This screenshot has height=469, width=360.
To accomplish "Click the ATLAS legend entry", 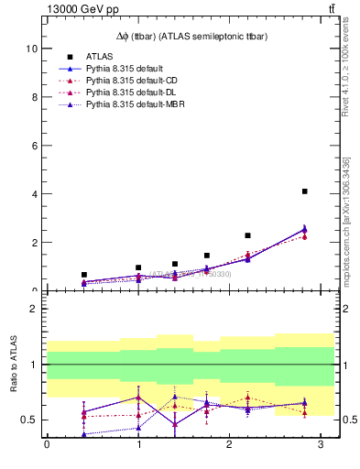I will (100, 57).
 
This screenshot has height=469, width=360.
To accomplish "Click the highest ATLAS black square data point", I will (304, 191).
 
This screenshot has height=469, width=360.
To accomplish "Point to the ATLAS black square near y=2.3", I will (247, 235).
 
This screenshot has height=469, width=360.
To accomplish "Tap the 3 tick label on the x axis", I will (320, 445).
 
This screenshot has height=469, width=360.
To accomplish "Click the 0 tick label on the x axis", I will (47, 445).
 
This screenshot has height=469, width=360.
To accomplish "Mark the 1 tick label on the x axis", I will (137, 445).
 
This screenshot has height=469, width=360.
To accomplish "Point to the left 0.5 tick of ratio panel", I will (30, 420).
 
